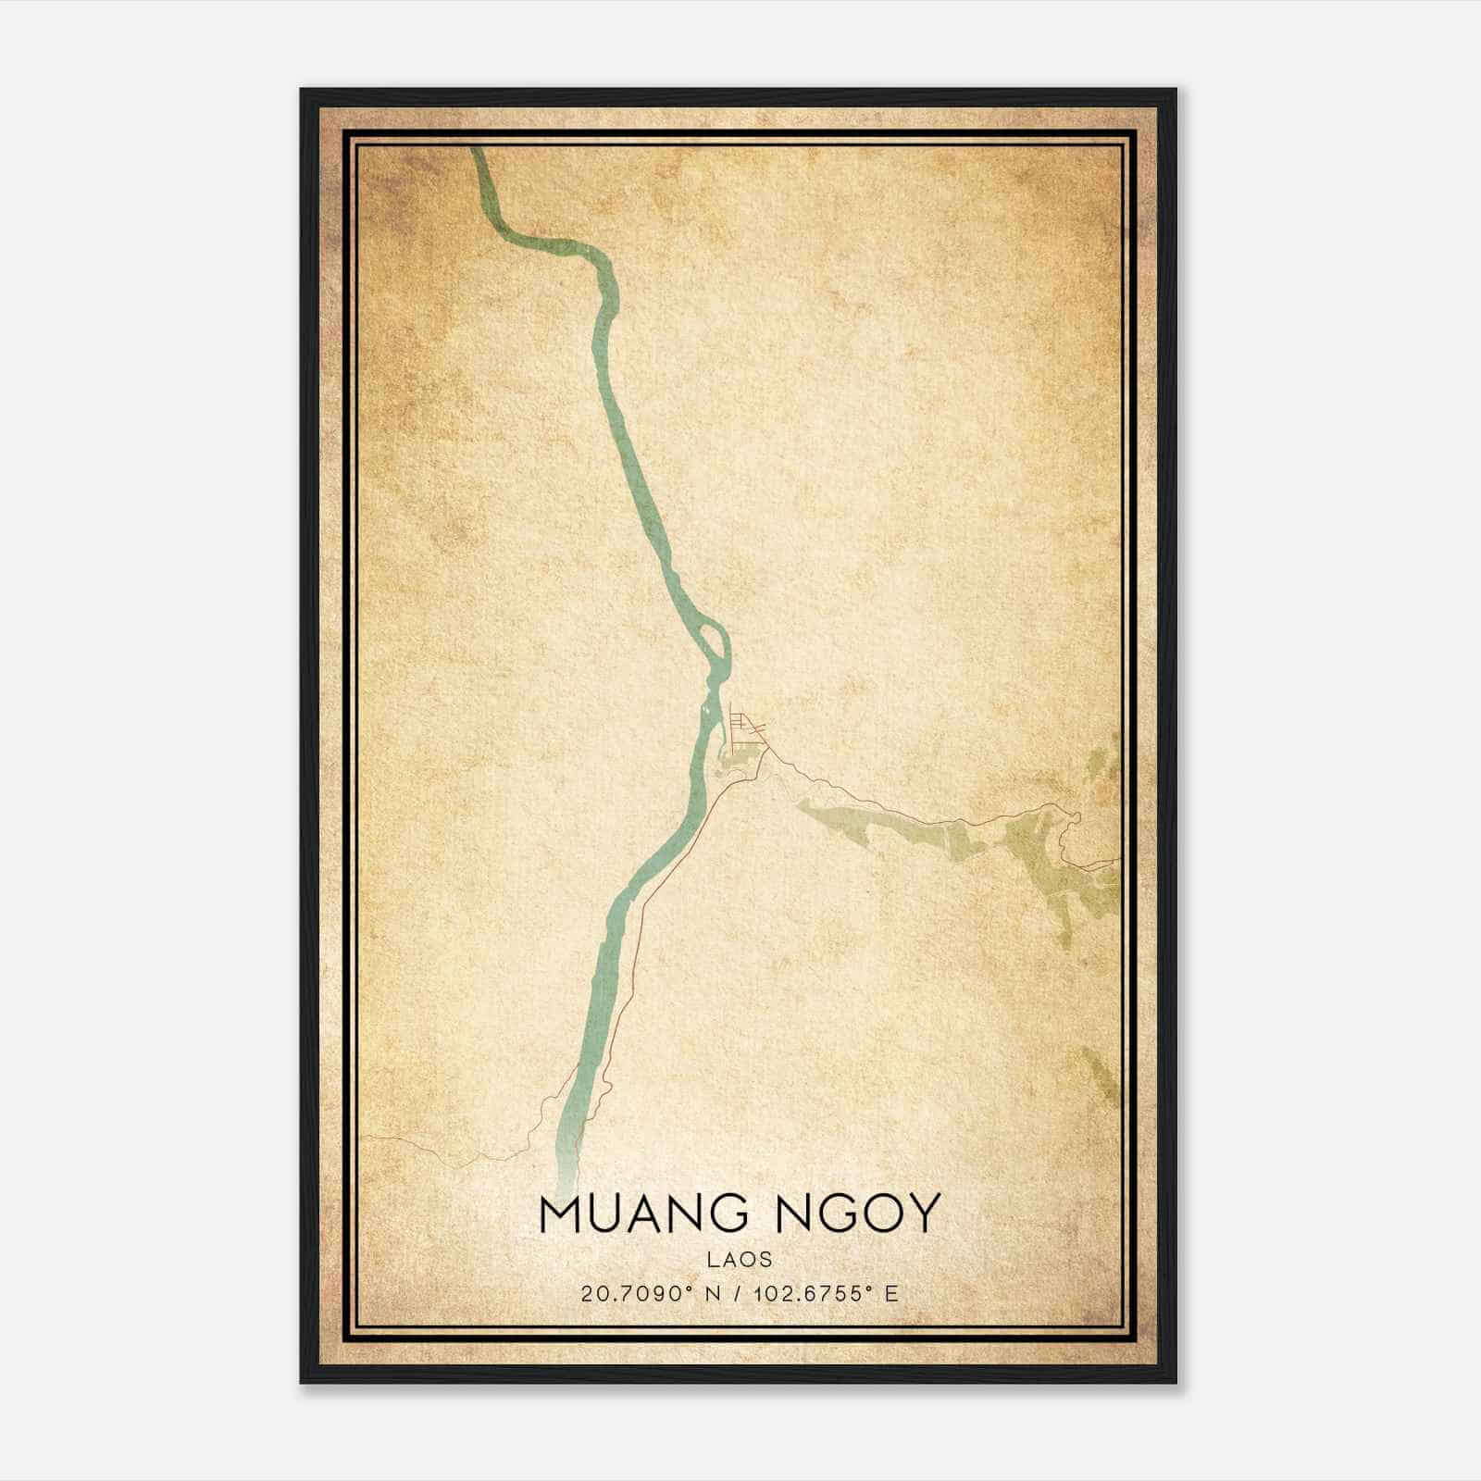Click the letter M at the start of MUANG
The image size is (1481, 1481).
557,1213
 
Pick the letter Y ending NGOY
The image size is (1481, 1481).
925,1213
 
